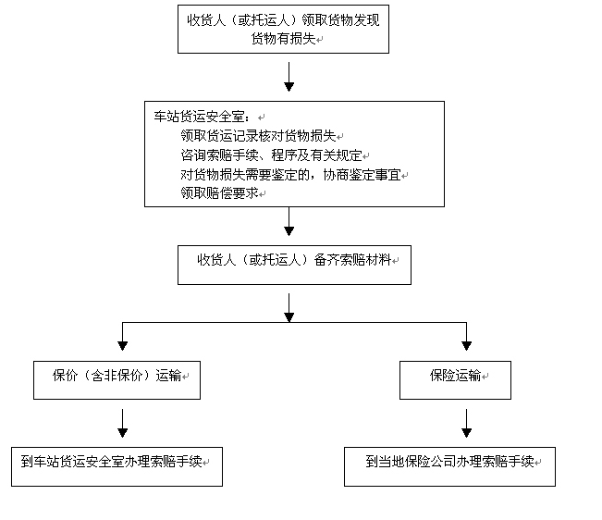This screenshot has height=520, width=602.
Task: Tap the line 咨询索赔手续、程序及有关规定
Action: click(272, 155)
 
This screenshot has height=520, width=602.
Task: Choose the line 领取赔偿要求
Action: click(220, 193)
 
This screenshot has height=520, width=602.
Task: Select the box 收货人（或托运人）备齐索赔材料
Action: click(293, 264)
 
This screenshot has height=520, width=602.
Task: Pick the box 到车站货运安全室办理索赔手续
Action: click(117, 465)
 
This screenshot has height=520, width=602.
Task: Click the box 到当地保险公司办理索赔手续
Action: click(449, 465)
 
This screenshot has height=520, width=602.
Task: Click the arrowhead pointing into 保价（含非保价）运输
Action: click(123, 343)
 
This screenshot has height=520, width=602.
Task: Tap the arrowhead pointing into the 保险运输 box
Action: click(466, 343)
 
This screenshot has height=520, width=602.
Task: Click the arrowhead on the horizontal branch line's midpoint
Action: click(289, 316)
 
